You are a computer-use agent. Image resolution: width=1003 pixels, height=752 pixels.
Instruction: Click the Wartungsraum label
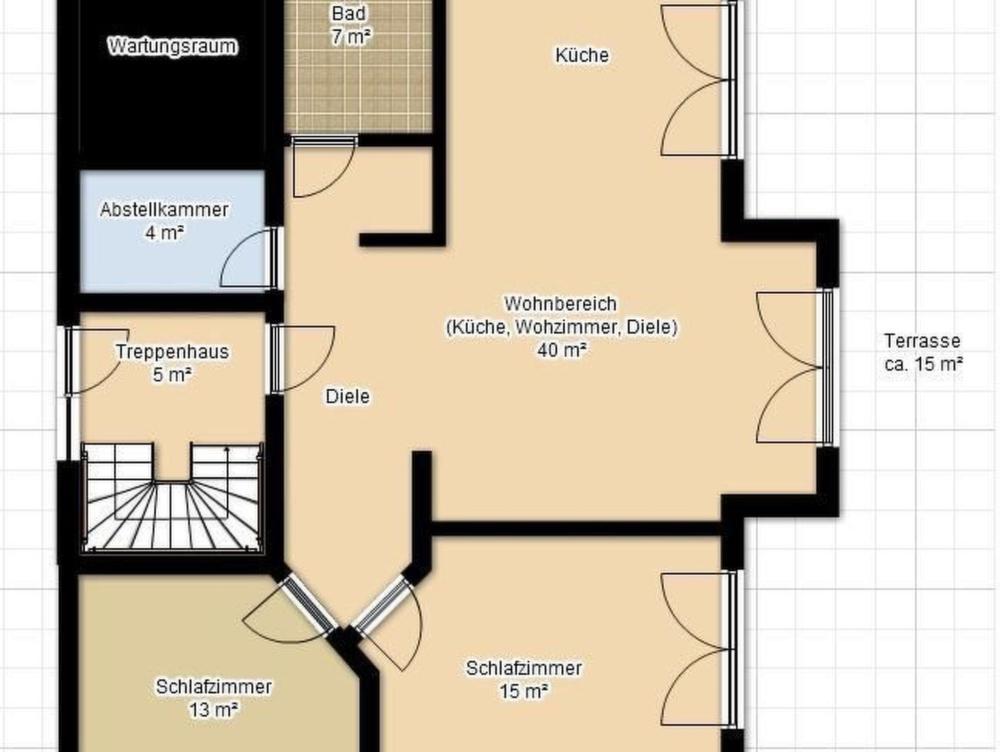tap(172, 47)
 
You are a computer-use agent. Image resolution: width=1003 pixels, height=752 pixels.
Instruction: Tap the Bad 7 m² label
tap(350, 25)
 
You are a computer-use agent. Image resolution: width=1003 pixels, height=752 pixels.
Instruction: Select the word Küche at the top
tap(582, 55)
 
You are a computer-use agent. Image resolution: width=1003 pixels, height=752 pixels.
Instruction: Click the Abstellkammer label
tap(164, 210)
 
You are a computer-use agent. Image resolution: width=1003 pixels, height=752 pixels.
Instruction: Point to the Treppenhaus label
tap(172, 352)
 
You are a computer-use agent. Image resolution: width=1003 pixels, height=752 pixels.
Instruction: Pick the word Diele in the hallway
tap(347, 396)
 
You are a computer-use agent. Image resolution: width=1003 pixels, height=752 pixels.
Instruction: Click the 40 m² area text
tap(562, 350)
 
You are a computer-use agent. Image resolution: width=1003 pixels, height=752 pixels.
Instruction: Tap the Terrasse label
tap(922, 341)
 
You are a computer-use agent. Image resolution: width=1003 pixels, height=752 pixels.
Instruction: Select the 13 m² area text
tap(214, 710)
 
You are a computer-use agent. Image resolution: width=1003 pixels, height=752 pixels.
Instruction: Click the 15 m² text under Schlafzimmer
tap(524, 691)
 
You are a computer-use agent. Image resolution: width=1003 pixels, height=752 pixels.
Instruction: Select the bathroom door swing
tap(323, 166)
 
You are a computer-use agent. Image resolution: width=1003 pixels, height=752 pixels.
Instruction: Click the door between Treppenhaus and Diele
tap(303, 359)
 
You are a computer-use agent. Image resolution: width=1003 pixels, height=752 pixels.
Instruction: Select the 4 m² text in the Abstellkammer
tap(164, 233)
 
